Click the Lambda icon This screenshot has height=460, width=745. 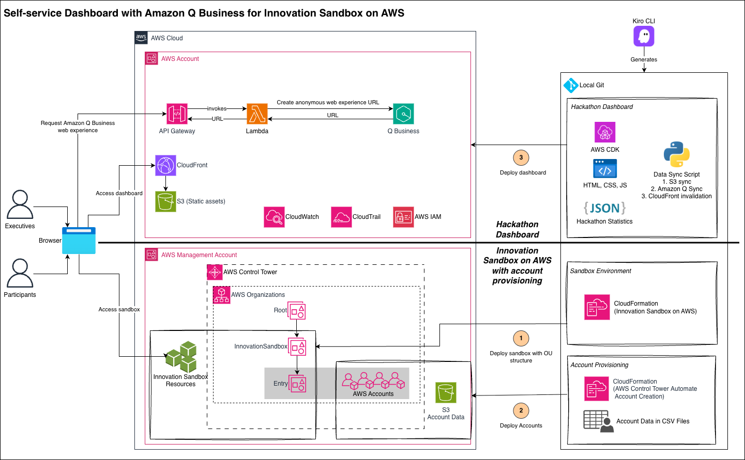(x=257, y=114)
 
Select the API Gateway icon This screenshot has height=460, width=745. (x=177, y=114)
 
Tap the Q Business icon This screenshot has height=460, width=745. (x=403, y=114)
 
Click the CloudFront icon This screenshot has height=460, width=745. (x=165, y=165)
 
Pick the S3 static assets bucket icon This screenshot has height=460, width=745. (x=165, y=201)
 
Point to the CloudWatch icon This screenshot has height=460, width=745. (x=274, y=217)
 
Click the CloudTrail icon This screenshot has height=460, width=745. (x=341, y=217)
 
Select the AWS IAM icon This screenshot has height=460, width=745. (x=403, y=217)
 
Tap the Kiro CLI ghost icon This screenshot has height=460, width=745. (x=644, y=36)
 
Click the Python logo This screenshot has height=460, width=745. (x=676, y=154)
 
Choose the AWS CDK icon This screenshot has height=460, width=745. (x=605, y=133)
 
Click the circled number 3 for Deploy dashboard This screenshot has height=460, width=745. (x=521, y=157)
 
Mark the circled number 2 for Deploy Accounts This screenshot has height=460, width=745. (x=521, y=410)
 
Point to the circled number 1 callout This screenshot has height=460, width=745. (x=521, y=338)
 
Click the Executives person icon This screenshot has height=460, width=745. (x=20, y=204)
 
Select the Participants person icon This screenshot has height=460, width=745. (x=20, y=273)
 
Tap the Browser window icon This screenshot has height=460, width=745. (x=79, y=241)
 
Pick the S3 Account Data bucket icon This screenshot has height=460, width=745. (x=446, y=393)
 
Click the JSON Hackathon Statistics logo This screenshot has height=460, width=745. (x=604, y=208)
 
